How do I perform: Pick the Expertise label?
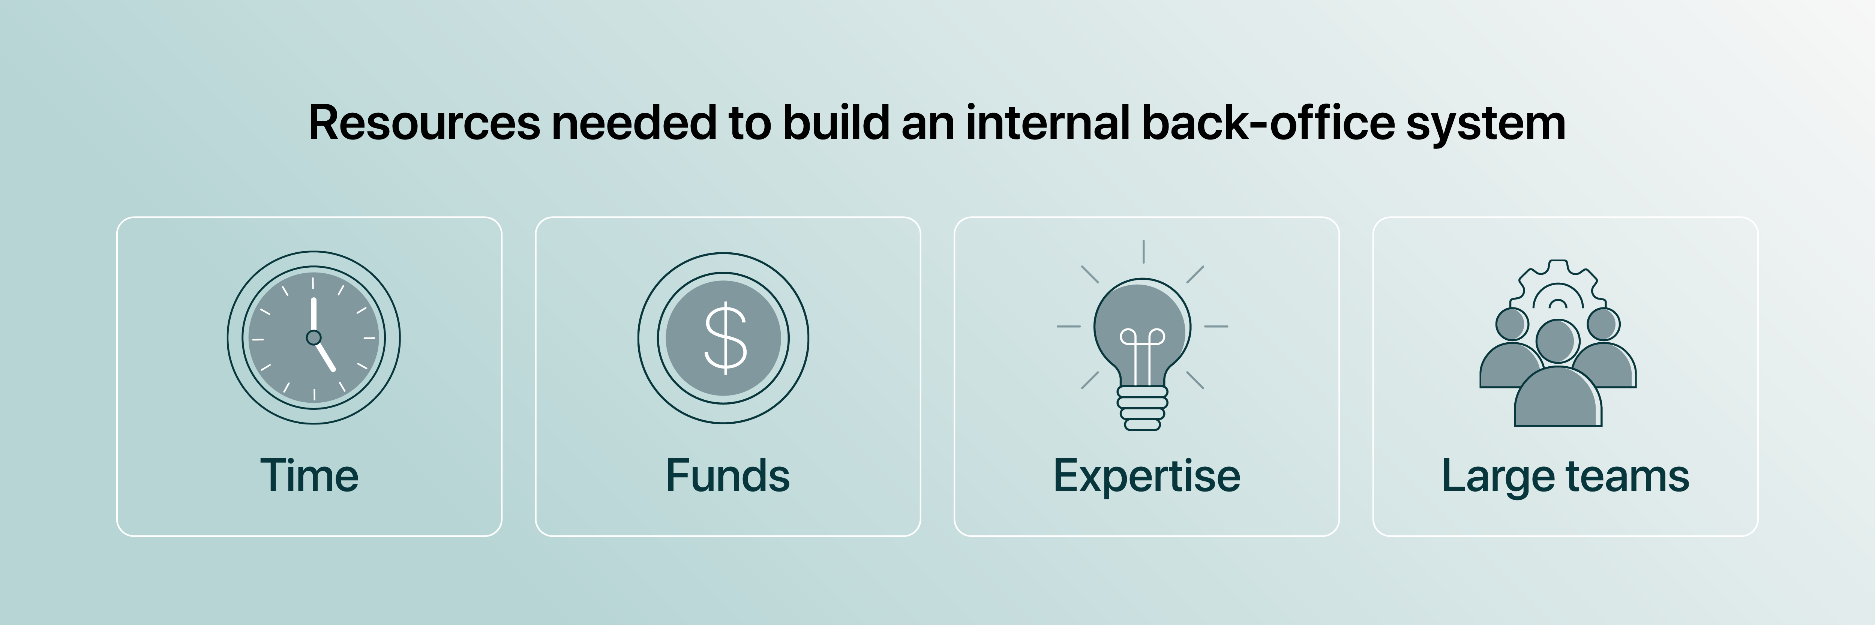tap(1146, 477)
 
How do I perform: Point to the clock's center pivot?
tap(314, 337)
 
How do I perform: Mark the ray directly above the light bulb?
tap(1143, 252)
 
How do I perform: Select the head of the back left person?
tap(1512, 324)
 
